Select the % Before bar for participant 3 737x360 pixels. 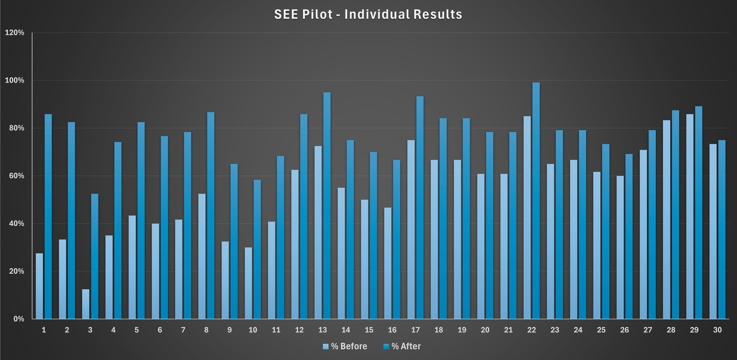[86, 304]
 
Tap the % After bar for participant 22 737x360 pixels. [536, 200]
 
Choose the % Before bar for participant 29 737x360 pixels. [690, 216]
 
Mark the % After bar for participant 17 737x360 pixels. [420, 207]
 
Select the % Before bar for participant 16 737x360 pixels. [388, 263]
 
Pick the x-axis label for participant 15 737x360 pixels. [369, 330]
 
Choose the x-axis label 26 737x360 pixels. [624, 330]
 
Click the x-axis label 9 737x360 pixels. [229, 330]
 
